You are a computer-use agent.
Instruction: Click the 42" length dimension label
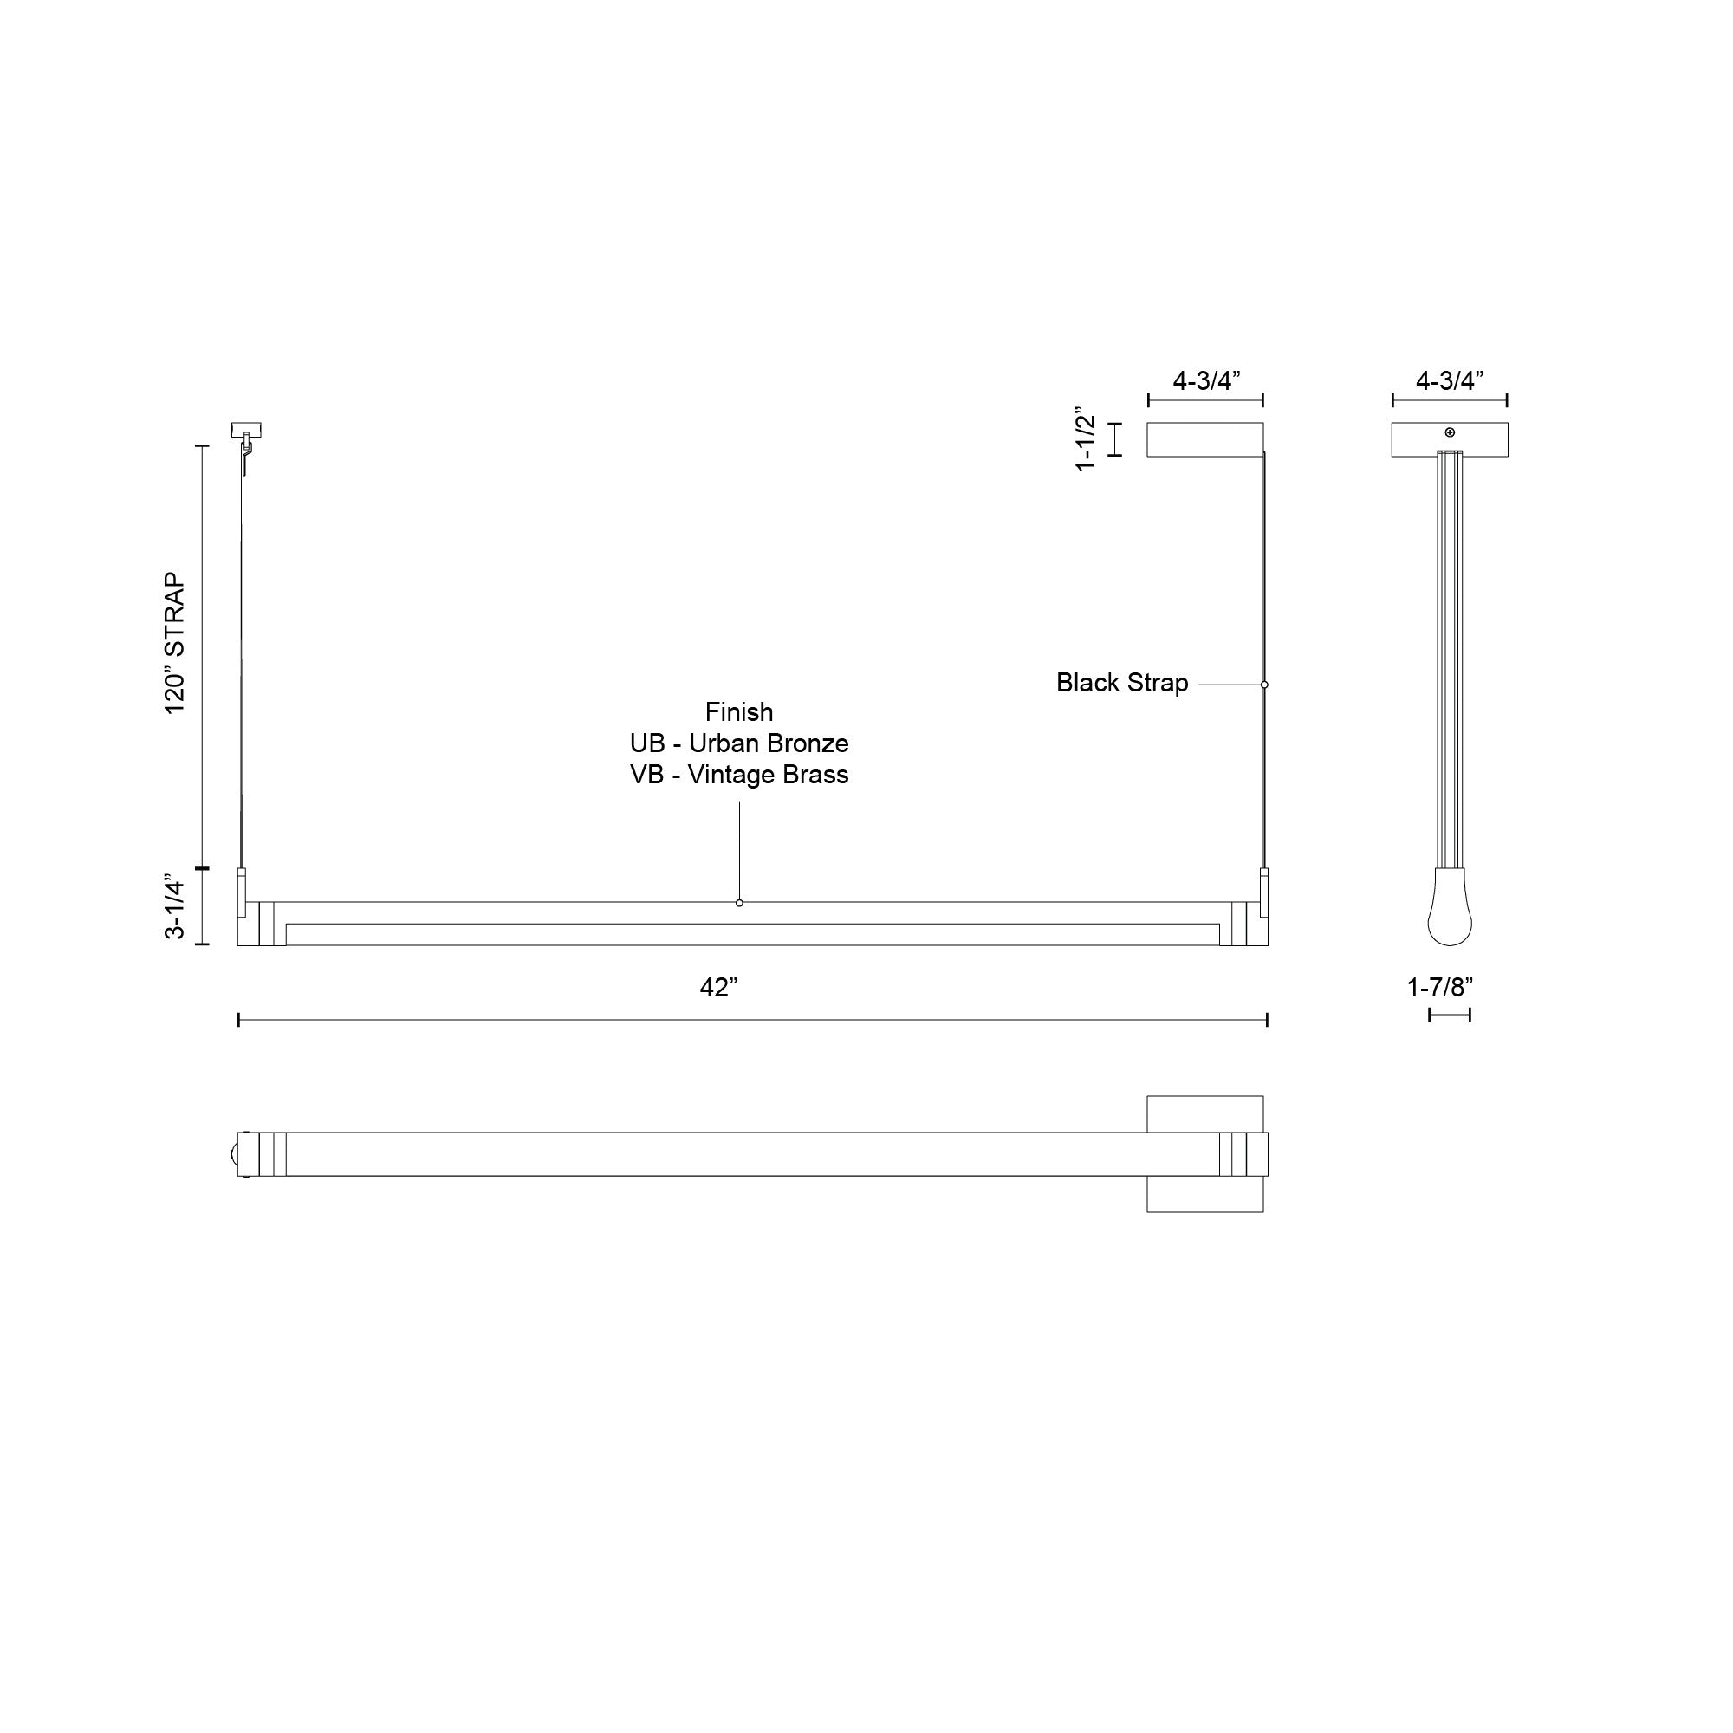pyautogui.click(x=717, y=988)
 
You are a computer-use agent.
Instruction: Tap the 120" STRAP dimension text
pyautogui.click(x=175, y=643)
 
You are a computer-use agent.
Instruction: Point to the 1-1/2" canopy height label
pyautogui.click(x=1086, y=438)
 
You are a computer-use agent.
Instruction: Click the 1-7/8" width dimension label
pyautogui.click(x=1439, y=988)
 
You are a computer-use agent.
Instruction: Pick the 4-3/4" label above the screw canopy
pyautogui.click(x=1449, y=380)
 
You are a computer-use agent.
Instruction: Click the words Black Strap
pyautogui.click(x=1121, y=683)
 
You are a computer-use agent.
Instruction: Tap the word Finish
pyautogui.click(x=738, y=712)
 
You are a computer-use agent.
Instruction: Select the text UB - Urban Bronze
pyautogui.click(x=738, y=743)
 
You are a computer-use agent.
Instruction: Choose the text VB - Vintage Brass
pyautogui.click(x=738, y=774)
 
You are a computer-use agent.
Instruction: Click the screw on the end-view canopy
pyautogui.click(x=1450, y=432)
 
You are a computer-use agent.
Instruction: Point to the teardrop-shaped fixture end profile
pyautogui.click(x=1450, y=911)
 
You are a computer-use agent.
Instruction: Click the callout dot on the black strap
pyautogui.click(x=1264, y=685)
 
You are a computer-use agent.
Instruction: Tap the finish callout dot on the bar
pyautogui.click(x=739, y=902)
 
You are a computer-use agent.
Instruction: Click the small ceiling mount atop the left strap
pyautogui.click(x=246, y=430)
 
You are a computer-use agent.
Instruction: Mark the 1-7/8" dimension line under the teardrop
pyautogui.click(x=1450, y=1015)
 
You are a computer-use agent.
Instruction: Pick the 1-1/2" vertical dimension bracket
pyautogui.click(x=1115, y=439)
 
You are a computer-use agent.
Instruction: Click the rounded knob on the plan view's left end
pyautogui.click(x=235, y=1153)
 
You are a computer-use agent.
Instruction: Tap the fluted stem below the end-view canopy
pyautogui.click(x=1450, y=659)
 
